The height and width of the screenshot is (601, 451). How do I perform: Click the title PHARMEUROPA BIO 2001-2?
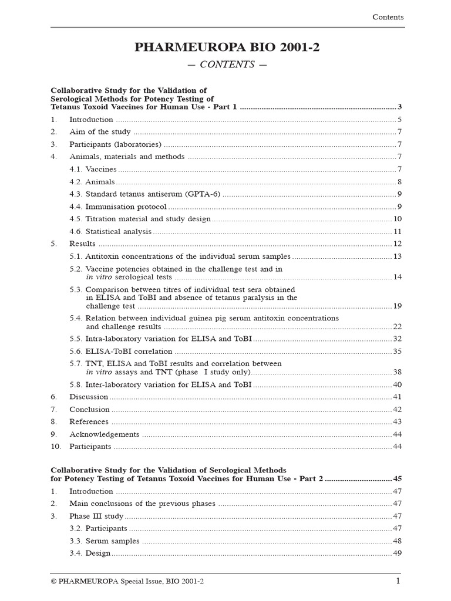(227, 48)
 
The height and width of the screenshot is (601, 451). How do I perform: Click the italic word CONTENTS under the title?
(227, 65)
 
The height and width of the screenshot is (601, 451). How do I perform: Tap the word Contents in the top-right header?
(388, 17)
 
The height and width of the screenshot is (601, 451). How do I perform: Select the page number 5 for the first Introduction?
(399, 120)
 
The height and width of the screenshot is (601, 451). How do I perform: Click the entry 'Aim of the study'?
(100, 132)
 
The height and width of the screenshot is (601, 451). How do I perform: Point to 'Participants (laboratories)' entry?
(115, 144)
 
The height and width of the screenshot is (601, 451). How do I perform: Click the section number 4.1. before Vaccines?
(76, 170)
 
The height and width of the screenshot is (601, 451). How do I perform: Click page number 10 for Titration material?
(398, 219)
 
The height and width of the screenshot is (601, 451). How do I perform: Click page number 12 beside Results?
(398, 244)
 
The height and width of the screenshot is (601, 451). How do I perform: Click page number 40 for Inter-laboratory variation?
(398, 385)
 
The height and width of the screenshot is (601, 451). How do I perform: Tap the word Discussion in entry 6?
(89, 397)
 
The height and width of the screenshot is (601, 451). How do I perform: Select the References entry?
(89, 422)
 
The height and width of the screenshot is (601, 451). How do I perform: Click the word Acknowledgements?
(105, 435)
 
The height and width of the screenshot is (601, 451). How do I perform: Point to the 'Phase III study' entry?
(96, 516)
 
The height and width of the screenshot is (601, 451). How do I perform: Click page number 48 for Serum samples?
(398, 541)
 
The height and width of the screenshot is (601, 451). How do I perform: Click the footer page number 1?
(398, 581)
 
